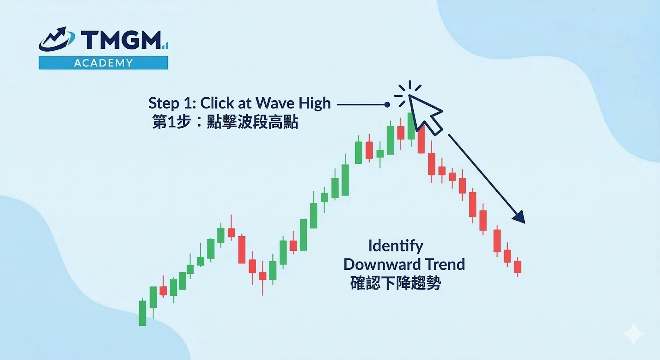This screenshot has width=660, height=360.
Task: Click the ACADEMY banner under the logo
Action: [103, 63]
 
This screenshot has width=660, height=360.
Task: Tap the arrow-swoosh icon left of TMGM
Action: [57, 39]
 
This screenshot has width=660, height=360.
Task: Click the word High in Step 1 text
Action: [315, 104]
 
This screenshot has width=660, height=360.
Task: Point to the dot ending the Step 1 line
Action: [387, 105]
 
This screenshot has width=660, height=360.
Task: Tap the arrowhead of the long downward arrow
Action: [520, 217]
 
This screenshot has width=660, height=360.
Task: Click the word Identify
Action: [396, 246]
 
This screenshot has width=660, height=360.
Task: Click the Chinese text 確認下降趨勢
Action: [396, 283]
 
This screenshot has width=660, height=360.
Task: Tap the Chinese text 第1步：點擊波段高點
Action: [225, 122]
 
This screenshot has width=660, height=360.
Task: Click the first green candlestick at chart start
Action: [143, 312]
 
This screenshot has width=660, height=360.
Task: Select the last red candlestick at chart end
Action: [518, 267]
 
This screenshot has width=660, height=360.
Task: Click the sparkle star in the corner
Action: [634, 334]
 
